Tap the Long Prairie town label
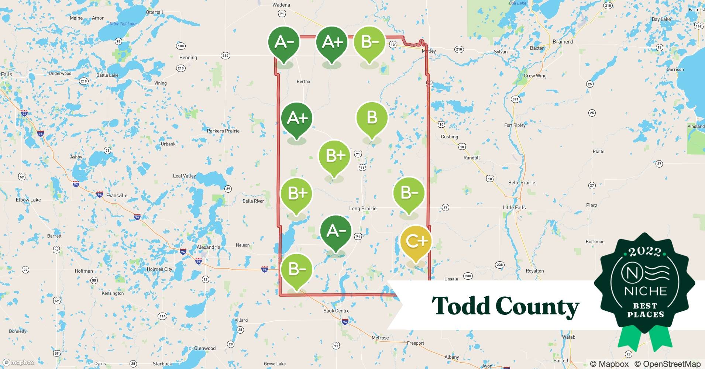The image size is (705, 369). click(363, 208)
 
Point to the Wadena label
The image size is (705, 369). click(281, 5)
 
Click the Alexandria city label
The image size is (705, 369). click(209, 247)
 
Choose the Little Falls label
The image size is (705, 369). click(514, 207)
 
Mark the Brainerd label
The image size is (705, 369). click(563, 42)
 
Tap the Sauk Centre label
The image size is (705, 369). click(336, 311)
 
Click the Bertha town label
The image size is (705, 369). click(303, 81)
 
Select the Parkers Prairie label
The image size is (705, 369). click(223, 131)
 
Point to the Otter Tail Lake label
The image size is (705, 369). click(123, 24)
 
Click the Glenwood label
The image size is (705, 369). click(205, 348)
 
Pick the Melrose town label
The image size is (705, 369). click(380, 338)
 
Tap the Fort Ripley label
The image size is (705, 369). click(515, 125)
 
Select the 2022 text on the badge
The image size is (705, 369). click(645, 252)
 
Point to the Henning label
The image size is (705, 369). click(188, 58)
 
